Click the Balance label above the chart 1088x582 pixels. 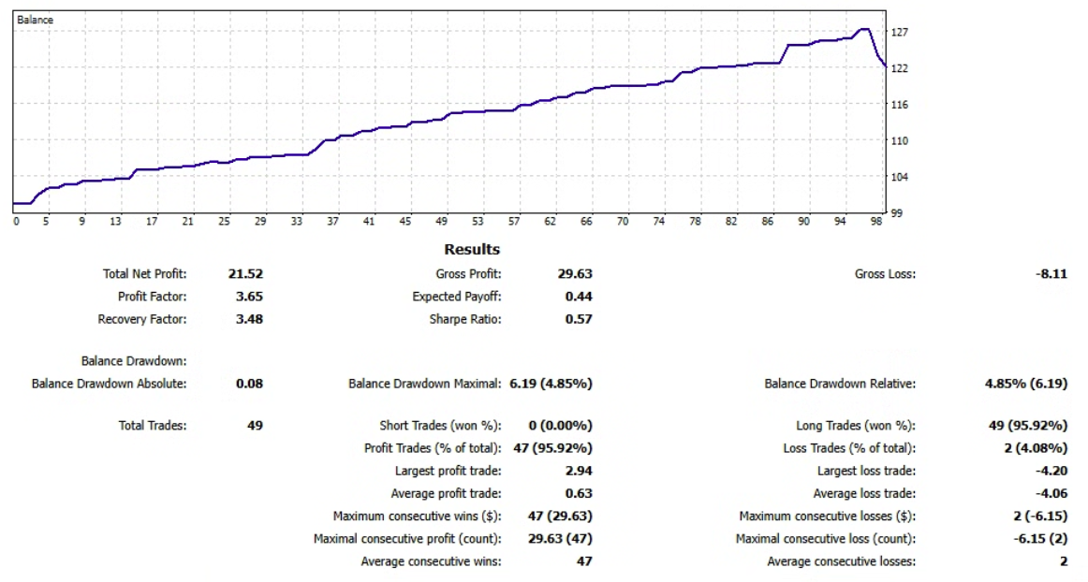36,20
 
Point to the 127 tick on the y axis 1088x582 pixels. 900,33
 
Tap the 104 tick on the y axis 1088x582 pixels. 900,177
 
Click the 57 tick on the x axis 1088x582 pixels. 513,222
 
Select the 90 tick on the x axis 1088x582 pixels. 803,222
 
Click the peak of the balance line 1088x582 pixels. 865,30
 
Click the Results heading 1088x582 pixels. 472,250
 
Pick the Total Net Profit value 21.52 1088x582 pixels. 245,274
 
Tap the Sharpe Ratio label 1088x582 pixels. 465,319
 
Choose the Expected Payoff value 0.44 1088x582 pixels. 578,297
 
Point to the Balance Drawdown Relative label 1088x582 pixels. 840,384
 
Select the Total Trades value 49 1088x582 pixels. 254,426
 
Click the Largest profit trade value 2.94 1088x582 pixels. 578,471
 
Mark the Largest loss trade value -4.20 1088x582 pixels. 1052,471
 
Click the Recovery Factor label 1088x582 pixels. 142,319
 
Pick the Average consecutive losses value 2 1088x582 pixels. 1064,561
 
